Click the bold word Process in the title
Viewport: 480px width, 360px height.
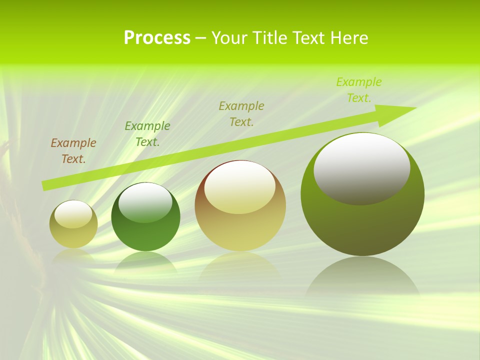pos(157,38)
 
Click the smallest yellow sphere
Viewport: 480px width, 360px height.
pos(73,235)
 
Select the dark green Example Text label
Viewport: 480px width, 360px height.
pos(147,134)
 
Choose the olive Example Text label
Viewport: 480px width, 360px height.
pos(241,113)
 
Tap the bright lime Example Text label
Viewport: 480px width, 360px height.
pos(358,90)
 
